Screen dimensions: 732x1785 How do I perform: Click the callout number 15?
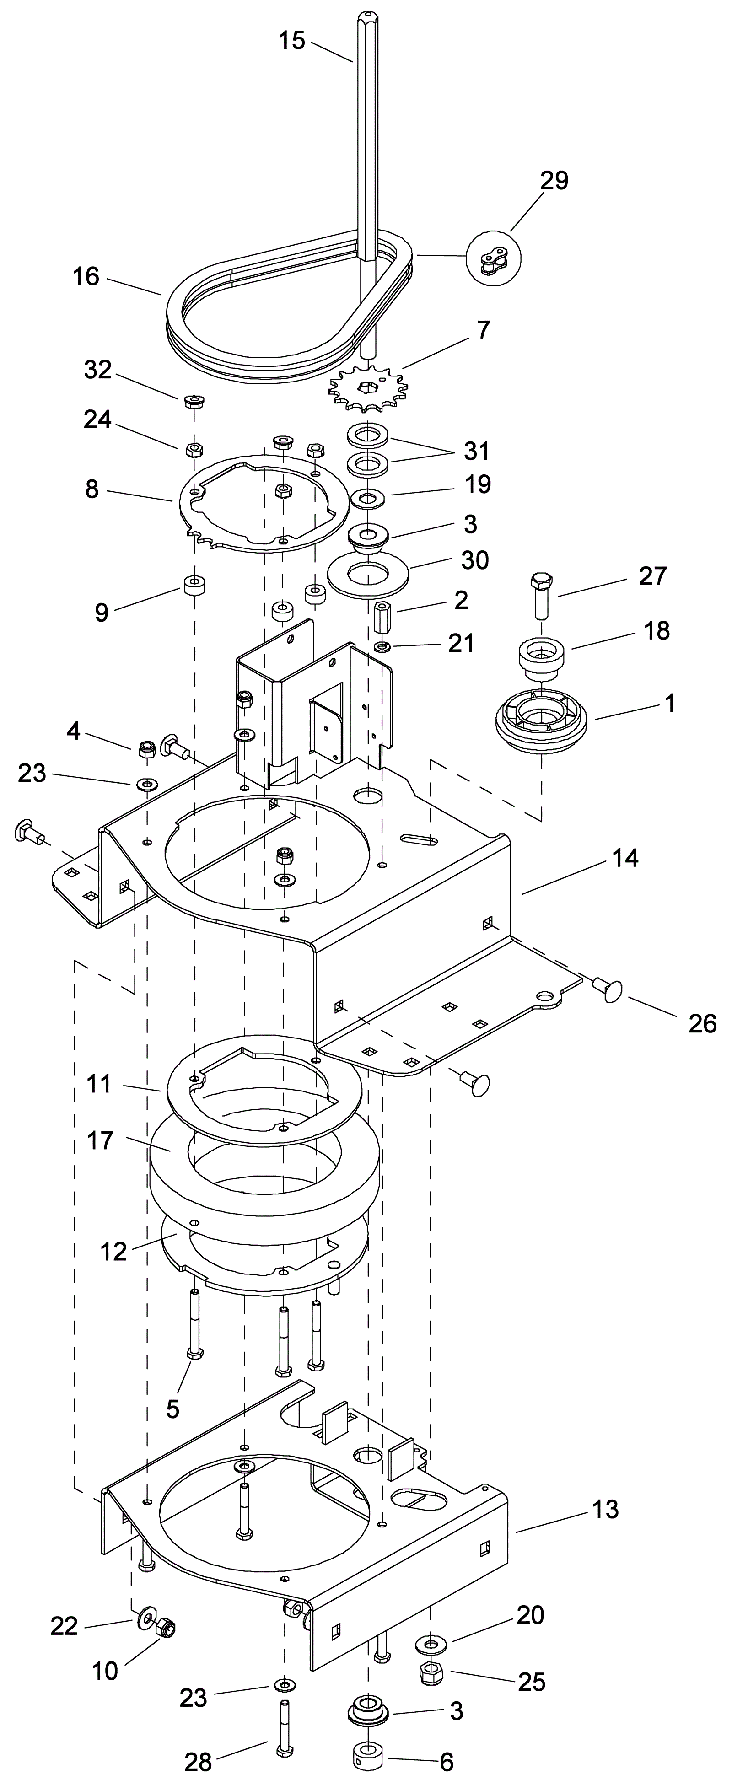292,41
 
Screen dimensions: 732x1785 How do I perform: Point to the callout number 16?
86,276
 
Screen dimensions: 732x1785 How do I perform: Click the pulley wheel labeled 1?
541,722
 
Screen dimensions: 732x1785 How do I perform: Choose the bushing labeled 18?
543,657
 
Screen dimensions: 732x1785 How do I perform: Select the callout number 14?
625,858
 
